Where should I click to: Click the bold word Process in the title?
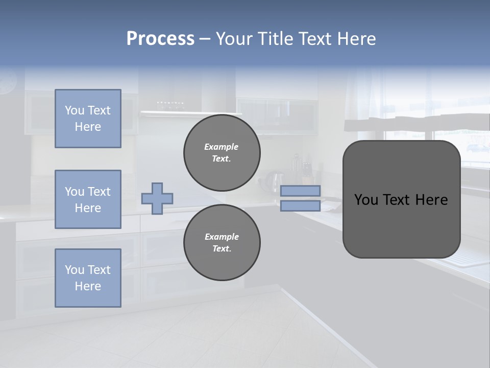[160, 39]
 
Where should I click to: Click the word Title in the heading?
[275, 39]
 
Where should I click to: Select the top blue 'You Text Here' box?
[88, 119]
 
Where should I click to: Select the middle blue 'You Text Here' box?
[88, 199]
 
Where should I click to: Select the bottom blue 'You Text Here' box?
[88, 278]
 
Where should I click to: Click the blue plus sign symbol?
[157, 199]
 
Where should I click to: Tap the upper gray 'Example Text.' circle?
[222, 153]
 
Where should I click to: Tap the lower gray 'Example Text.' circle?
[222, 243]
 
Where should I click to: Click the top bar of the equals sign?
[300, 191]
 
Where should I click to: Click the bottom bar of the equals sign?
[300, 206]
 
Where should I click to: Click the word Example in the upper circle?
[222, 147]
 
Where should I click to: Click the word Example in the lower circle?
[222, 237]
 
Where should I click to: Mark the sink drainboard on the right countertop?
[467, 258]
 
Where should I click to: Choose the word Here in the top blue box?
[88, 127]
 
